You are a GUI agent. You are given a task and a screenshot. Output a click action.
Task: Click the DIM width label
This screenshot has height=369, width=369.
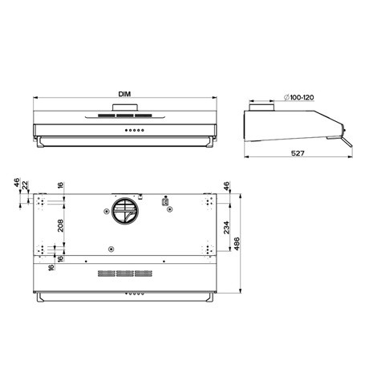click(x=124, y=95)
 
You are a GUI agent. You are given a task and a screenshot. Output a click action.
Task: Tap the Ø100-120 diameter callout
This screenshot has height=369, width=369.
click(x=298, y=97)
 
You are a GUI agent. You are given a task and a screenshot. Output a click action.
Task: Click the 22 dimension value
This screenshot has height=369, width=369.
click(x=26, y=185)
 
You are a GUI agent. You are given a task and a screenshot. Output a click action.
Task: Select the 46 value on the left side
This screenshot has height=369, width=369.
click(x=15, y=185)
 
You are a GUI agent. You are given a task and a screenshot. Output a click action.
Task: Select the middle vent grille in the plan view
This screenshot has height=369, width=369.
click(x=124, y=274)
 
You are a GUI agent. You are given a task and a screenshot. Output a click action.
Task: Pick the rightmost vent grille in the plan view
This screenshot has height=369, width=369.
click(x=145, y=274)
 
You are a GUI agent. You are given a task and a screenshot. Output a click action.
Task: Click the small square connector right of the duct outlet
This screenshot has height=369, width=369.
click(x=166, y=203)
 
